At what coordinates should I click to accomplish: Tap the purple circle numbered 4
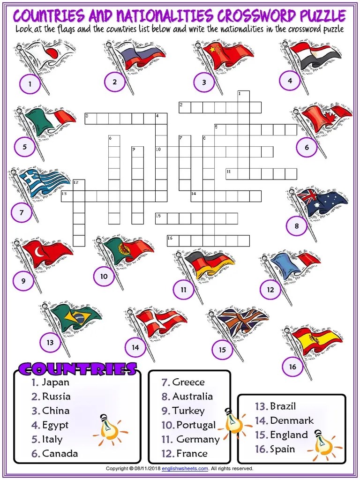point(290,81)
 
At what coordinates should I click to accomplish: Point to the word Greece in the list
point(188,382)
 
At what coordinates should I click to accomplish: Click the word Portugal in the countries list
point(196,425)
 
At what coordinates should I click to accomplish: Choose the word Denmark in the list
point(292,420)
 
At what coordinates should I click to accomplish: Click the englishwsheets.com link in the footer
point(185,468)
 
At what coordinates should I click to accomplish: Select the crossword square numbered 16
point(173,240)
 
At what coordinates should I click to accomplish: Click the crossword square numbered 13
point(67,196)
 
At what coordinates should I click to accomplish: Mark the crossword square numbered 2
point(185,107)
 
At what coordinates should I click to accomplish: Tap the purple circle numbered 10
point(104,276)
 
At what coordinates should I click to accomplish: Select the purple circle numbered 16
point(292,367)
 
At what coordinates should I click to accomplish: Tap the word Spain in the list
point(282,449)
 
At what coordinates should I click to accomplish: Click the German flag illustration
point(208,263)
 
